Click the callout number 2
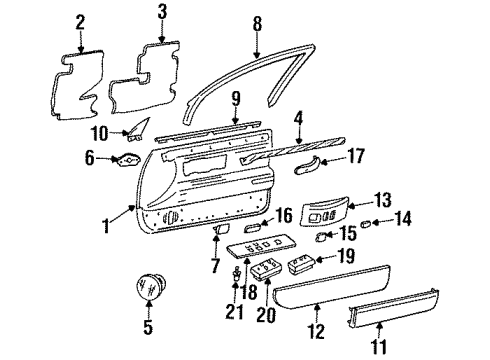(x=80, y=19)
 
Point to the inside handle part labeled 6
(x=127, y=157)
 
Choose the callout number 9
(x=236, y=99)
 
